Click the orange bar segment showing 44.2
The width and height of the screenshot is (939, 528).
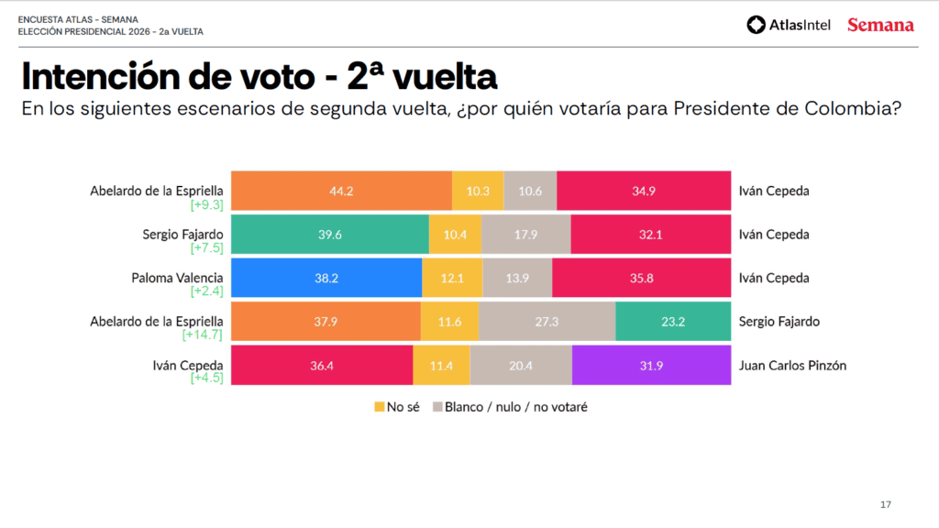[341, 191]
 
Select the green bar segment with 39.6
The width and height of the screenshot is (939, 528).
[329, 234]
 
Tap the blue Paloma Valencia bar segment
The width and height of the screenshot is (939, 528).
[326, 278]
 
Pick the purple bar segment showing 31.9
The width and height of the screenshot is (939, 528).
[651, 365]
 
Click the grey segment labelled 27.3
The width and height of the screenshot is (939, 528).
[547, 321]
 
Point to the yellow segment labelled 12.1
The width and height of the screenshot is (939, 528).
[452, 278]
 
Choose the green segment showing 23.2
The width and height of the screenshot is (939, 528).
[673, 321]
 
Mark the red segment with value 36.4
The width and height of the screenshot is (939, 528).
[322, 365]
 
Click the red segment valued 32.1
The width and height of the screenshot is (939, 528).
[650, 234]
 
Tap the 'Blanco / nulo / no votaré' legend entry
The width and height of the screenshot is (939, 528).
[509, 406]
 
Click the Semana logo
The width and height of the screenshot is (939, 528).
[880, 25]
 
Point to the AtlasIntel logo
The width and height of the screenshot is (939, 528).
[789, 25]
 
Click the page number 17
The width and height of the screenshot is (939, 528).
[885, 505]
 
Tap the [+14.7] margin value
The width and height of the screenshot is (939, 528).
[206, 335]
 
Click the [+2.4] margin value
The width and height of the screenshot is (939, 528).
[206, 291]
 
